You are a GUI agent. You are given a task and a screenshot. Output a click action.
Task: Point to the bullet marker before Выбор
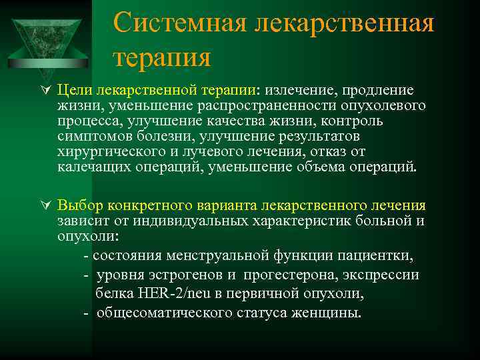click(45, 206)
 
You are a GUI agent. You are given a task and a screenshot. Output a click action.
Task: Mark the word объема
click(313, 167)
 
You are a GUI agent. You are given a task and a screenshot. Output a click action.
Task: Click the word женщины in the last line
click(327, 312)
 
